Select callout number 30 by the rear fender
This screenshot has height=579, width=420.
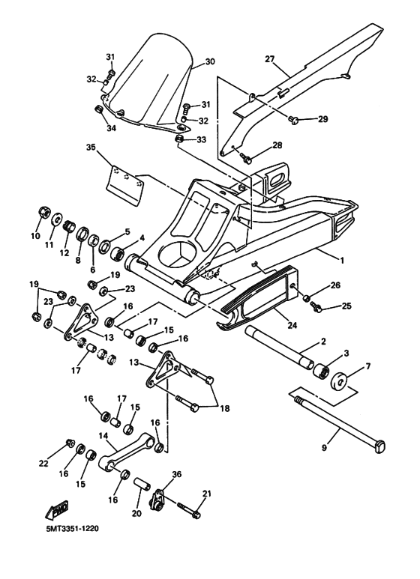pyautogui.click(x=209, y=61)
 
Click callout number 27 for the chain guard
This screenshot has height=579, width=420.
pyautogui.click(x=271, y=58)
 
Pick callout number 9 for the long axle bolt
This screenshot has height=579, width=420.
pyautogui.click(x=324, y=449)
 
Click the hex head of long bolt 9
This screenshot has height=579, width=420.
pyautogui.click(x=379, y=447)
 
